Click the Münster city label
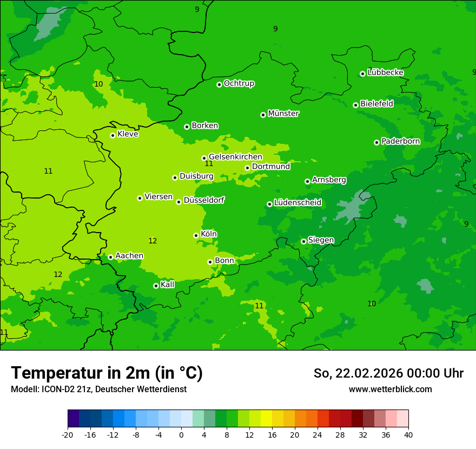283,114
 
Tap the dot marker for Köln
196,235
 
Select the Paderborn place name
400,141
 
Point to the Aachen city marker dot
110,257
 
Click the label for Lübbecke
385,72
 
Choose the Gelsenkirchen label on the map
235,157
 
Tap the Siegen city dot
303,241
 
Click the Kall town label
168,285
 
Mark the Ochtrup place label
239,83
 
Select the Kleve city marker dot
113,135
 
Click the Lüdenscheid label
297,203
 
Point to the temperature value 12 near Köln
153,241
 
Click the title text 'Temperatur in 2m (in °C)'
107,373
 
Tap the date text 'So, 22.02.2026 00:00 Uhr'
388,373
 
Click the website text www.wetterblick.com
390,389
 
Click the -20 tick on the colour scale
68,434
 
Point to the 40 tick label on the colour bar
408,434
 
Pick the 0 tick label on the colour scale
181,434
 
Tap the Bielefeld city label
376,103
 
